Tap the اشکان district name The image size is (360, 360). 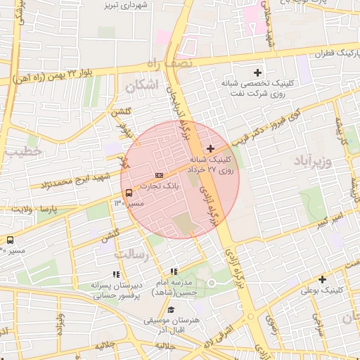[141, 86]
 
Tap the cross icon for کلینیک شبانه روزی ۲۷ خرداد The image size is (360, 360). [210, 148]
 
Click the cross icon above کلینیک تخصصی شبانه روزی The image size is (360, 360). [257, 72]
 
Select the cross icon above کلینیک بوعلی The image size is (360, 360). [322, 279]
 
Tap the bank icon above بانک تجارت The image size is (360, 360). [159, 175]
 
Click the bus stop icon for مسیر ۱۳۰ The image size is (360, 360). [129, 193]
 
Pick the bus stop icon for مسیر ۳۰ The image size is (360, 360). [10, 240]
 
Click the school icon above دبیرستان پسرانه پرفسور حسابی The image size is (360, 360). [116, 275]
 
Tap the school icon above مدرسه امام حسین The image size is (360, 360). [174, 272]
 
